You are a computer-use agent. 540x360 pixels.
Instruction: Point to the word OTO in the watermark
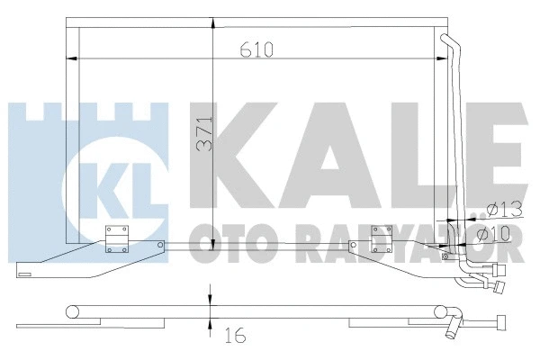pos(221,242)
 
